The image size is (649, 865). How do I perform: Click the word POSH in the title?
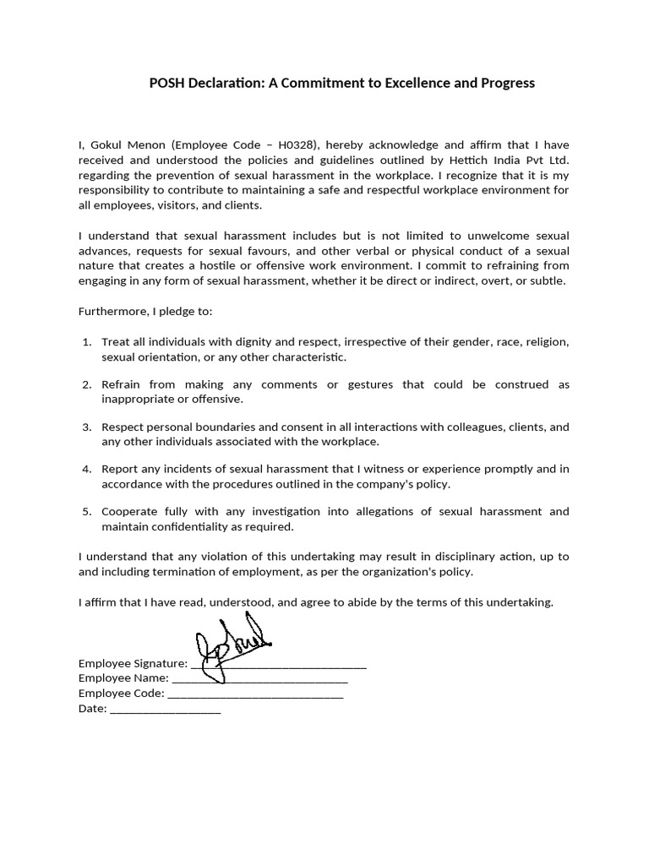pyautogui.click(x=167, y=83)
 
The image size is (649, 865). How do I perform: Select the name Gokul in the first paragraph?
pyautogui.click(x=106, y=144)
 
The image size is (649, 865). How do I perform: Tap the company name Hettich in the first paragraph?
pyautogui.click(x=471, y=160)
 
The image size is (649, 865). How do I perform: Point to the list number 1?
pyautogui.click(x=87, y=342)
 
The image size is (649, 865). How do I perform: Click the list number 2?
pyautogui.click(x=87, y=384)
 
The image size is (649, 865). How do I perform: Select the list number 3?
pyautogui.click(x=87, y=427)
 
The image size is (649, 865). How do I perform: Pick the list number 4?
pyautogui.click(x=87, y=469)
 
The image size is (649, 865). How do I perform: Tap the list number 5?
pyautogui.click(x=87, y=511)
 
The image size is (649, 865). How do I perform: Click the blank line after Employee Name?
pyautogui.click(x=259, y=678)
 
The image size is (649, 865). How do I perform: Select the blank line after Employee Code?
pyautogui.click(x=255, y=694)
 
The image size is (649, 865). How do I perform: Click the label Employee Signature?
pyautogui.click(x=133, y=663)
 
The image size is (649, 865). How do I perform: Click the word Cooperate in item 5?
pyautogui.click(x=129, y=511)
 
